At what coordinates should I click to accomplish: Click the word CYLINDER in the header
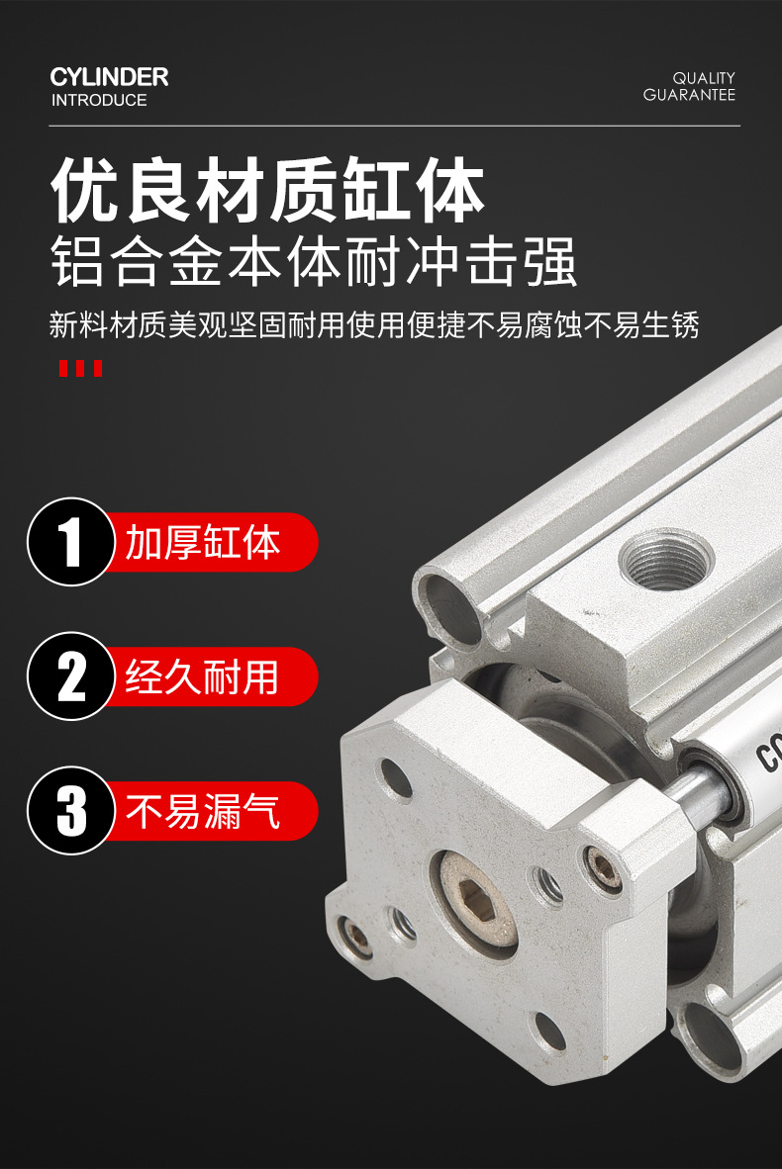[109, 77]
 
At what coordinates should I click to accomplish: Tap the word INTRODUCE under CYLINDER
[99, 100]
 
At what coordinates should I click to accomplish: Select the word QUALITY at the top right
[704, 78]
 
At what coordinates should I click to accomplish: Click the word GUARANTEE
[690, 95]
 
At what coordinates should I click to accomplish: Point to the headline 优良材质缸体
[268, 189]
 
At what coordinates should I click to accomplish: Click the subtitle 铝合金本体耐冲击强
[314, 262]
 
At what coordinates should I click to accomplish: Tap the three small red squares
[80, 368]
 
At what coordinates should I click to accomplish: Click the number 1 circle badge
[71, 542]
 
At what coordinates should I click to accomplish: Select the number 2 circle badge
[71, 676]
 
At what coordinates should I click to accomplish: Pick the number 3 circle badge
[71, 810]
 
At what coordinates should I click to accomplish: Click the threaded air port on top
[664, 559]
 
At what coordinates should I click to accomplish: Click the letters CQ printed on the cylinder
[768, 752]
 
